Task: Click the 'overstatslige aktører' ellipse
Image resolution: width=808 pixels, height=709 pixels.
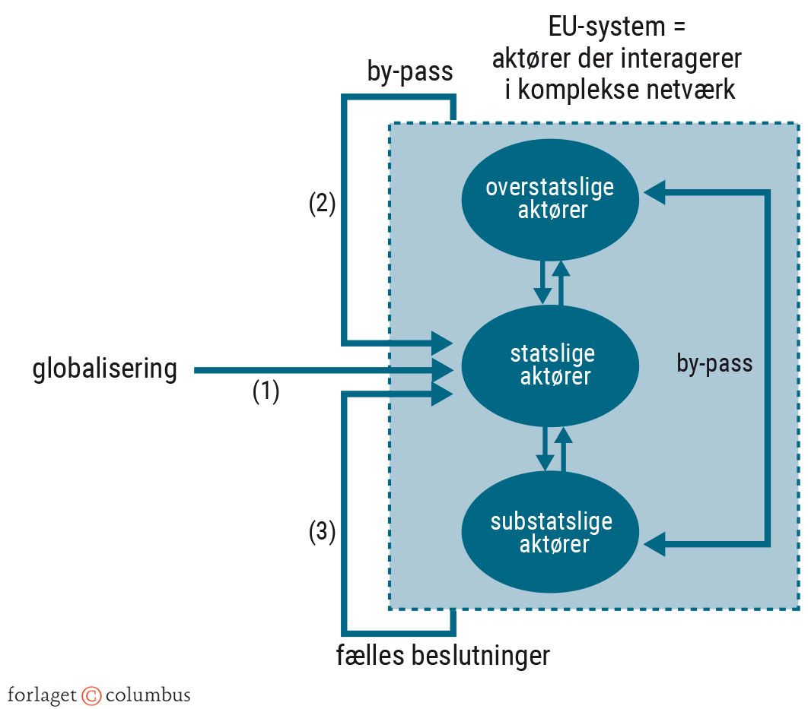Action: click(x=549, y=198)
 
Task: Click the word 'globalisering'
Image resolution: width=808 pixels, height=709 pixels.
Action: click(x=105, y=369)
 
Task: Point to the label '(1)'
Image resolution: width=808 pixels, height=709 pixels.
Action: click(x=266, y=391)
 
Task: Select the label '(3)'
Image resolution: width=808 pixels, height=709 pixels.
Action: click(x=322, y=533)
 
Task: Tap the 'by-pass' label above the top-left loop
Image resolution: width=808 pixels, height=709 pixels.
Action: click(x=409, y=72)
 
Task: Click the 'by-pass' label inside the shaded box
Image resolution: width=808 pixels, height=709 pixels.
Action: click(x=714, y=364)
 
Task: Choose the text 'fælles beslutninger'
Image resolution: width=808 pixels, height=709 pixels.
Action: click(x=443, y=655)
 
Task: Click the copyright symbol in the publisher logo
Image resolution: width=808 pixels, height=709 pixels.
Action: click(x=91, y=695)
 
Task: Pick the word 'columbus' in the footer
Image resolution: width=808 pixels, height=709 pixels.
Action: click(x=148, y=695)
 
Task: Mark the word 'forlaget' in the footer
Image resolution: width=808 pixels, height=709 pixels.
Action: click(x=43, y=695)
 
